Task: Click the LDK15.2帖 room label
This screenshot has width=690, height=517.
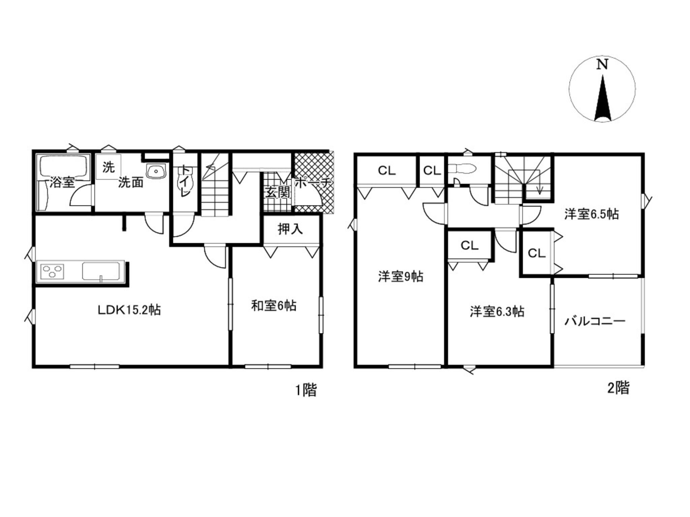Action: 129,310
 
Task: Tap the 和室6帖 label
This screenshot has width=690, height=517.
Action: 274,306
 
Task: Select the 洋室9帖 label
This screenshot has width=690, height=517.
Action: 401,277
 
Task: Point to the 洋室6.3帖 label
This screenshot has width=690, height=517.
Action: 497,312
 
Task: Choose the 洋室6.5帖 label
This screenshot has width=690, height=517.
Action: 592,214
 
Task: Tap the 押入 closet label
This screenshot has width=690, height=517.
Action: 290,229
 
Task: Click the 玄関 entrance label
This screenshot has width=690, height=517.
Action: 278,193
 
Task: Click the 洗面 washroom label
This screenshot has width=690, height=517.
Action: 131,182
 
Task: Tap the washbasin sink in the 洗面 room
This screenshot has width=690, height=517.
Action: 156,171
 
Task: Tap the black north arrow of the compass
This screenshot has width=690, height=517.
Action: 603,98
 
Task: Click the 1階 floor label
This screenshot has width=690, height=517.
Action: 306,390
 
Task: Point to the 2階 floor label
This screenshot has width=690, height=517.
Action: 618,388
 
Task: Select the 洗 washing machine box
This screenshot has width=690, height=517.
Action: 108,167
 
